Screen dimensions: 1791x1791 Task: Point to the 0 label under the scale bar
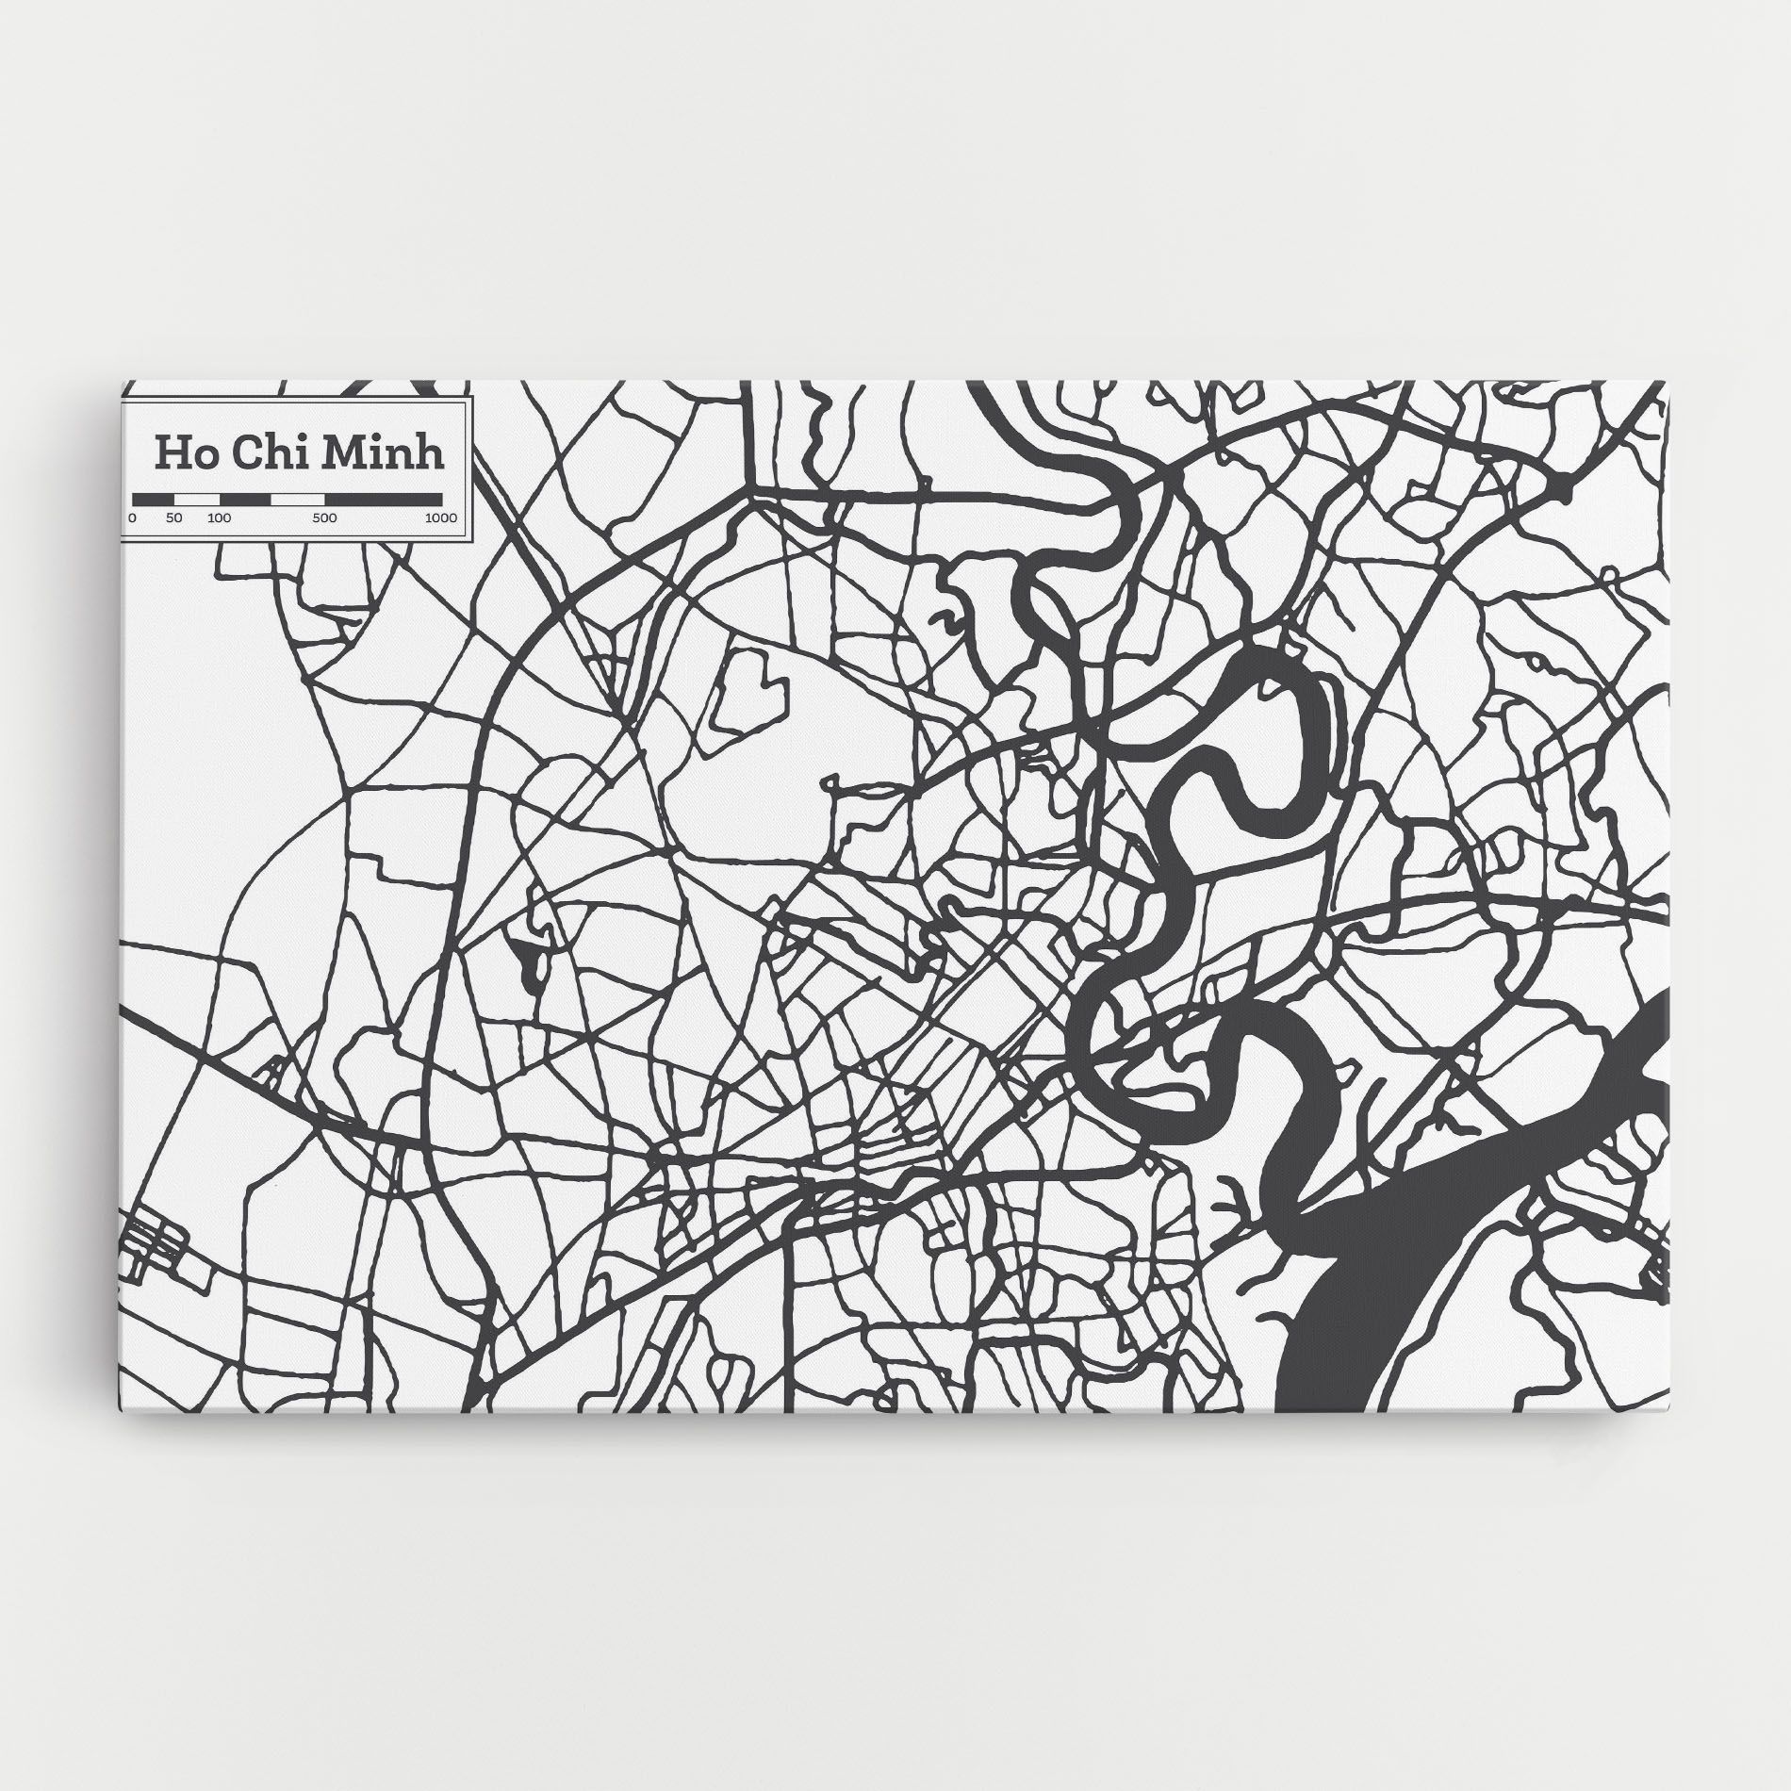coord(133,518)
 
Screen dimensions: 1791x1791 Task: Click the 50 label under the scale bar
coord(173,518)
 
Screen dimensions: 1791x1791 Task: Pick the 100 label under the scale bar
coord(219,518)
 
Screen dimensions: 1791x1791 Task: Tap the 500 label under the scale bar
coord(324,518)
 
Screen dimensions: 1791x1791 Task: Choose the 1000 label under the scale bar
coord(440,518)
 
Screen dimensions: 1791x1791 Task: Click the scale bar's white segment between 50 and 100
coord(197,499)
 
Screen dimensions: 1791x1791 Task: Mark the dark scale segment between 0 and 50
coord(154,499)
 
